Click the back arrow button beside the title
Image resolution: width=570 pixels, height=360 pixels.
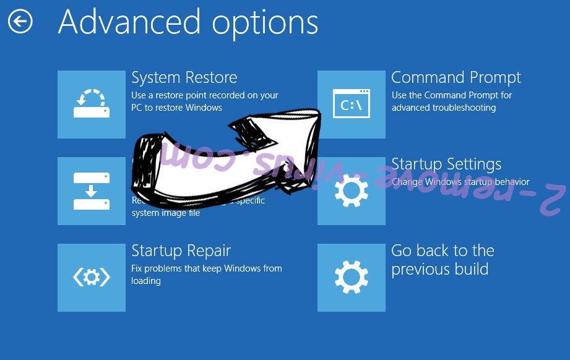20,22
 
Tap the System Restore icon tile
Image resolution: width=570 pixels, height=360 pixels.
92,105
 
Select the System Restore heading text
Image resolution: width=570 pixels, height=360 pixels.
184,78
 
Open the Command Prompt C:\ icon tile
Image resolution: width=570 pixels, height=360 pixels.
352,105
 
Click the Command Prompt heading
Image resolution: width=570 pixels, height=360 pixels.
456,78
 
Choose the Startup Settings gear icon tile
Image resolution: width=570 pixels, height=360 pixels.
352,191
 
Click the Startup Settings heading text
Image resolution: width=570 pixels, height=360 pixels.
446,165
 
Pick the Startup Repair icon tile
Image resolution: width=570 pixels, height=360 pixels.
92,278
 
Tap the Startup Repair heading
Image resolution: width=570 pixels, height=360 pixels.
181,251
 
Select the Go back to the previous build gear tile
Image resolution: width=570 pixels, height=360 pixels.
352,278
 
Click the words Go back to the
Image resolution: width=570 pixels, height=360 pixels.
443,251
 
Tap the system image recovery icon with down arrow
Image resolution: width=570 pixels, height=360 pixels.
92,191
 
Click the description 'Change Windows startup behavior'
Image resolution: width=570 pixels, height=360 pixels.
460,182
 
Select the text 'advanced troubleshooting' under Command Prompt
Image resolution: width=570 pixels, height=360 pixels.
443,108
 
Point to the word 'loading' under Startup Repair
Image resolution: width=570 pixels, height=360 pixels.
146,281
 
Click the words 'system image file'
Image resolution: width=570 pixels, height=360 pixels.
166,213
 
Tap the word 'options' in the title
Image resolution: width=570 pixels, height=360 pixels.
265,22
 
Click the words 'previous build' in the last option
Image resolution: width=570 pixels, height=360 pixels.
439,270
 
